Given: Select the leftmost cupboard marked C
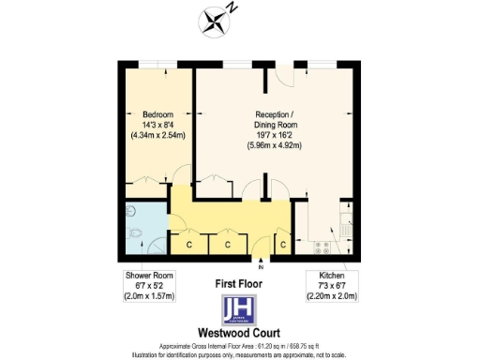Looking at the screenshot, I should (188, 244).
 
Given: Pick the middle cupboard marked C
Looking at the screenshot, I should (227, 244).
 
